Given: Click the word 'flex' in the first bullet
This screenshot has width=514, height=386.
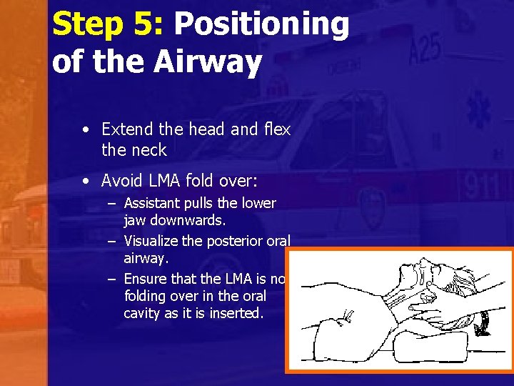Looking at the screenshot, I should tap(277, 129).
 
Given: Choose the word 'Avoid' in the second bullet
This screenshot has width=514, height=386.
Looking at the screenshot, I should tap(123, 181).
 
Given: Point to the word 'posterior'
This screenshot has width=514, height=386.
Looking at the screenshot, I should tap(235, 241).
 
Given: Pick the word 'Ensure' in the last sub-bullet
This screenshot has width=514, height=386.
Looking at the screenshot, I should tap(146, 279).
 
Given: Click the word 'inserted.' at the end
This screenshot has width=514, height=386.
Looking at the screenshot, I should tap(236, 313).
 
